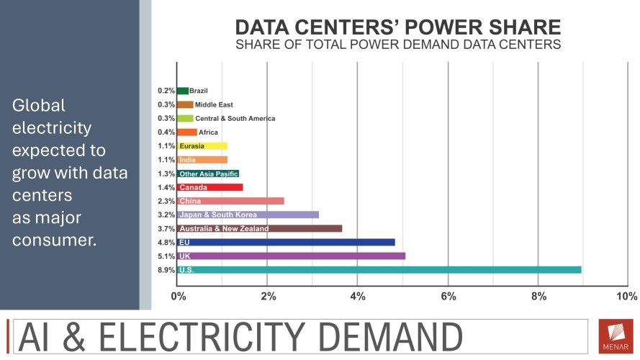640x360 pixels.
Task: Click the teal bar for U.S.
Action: pos(379,270)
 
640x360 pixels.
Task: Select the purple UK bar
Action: pos(291,256)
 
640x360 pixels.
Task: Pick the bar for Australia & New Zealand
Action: pos(259,228)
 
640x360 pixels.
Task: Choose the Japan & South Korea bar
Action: pos(248,215)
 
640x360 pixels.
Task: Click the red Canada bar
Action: pos(209,187)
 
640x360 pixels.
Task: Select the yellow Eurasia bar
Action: pos(202,146)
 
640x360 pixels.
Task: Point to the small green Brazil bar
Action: pos(182,91)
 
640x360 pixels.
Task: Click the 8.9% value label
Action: pos(166,270)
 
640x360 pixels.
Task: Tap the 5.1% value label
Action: pos(166,256)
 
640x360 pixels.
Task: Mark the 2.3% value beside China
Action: pos(166,201)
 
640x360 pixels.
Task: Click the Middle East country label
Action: pos(214,105)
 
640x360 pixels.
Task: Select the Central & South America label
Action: pos(235,119)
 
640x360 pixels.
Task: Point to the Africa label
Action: pos(208,132)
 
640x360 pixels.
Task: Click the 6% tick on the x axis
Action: pos(448,296)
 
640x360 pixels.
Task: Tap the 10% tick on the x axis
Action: pos(626,296)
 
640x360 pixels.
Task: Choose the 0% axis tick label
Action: pos(178,296)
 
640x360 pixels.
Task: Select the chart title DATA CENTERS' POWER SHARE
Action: pos(398,28)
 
